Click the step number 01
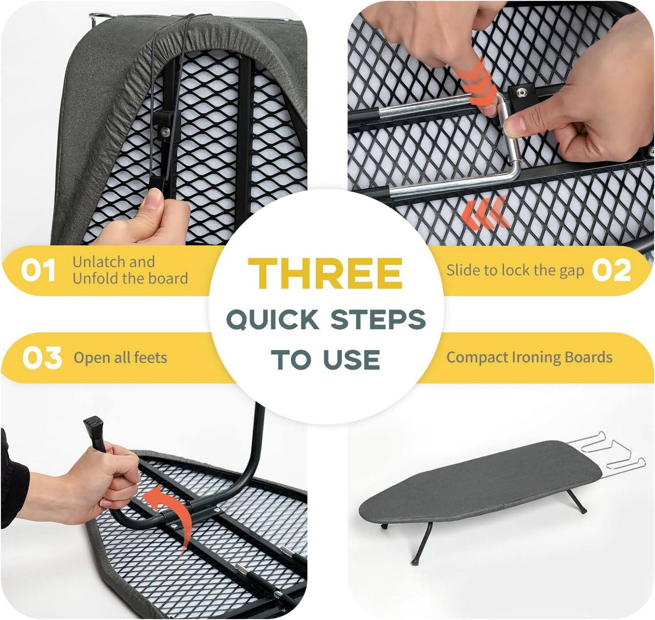pos(38,270)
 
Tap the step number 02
pos(611,270)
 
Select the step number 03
pos(42,358)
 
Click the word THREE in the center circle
pos(325,273)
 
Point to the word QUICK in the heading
pos(273,320)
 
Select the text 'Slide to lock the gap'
pos(515,270)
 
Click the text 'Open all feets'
pos(120,358)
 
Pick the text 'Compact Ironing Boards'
pos(529,357)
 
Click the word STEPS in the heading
pos(378,320)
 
